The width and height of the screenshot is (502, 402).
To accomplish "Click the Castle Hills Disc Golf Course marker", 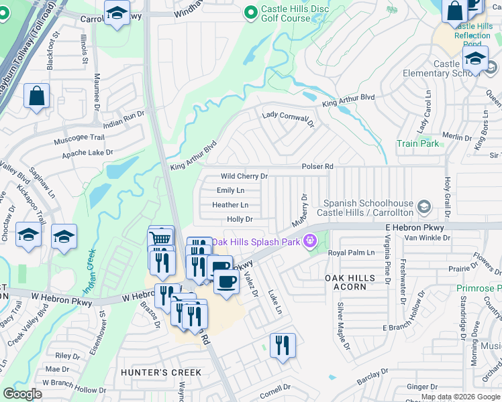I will pos(250,12).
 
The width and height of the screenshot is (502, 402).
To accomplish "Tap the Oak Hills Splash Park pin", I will pos(309,241).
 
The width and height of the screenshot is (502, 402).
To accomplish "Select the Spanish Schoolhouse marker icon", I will pos(423,207).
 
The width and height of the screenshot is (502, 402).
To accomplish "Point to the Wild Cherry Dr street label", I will pos(244,176).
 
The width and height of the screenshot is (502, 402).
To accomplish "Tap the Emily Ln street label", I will pos(230,191).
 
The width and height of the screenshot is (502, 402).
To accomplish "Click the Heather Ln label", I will pos(230,205).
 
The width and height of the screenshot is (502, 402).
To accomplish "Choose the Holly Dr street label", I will pos(240,219).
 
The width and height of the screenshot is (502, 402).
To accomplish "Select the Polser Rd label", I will pos(317,166).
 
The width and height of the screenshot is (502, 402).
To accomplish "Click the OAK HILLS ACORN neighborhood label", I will pos(346,282).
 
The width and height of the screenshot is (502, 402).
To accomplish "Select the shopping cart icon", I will pos(160,239).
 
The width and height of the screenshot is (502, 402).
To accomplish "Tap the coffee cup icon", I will pos(226,280).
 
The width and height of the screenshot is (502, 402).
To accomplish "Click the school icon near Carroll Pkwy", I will pos(117,13).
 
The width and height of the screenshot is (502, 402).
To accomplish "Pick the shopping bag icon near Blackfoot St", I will pos(36,96).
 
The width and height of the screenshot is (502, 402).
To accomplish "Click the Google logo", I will pos(23,394).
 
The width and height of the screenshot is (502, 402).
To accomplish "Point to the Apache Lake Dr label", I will pos(87,153).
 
